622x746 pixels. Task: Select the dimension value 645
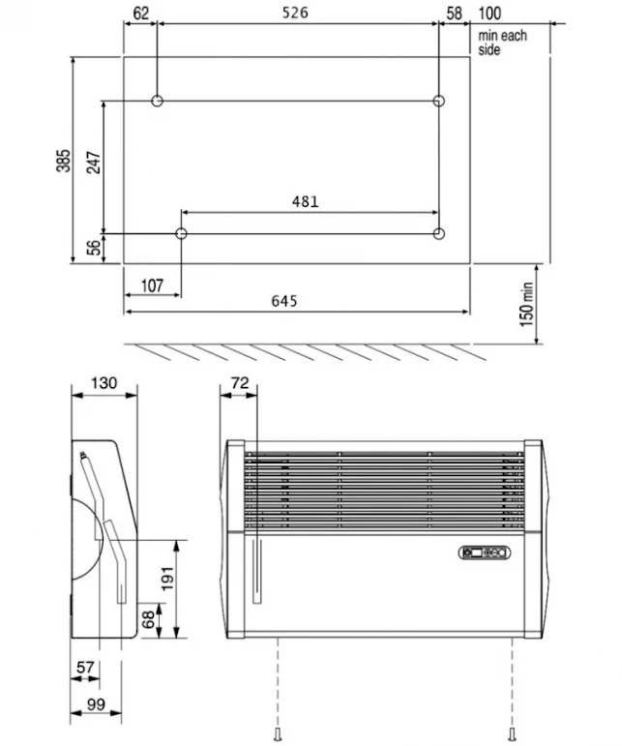(x=283, y=301)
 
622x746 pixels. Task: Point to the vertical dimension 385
(x=63, y=160)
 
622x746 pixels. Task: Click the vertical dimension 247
(x=93, y=161)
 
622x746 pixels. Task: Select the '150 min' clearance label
(x=528, y=304)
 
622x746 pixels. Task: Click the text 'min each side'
(x=502, y=43)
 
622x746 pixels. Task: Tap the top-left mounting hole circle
(x=157, y=101)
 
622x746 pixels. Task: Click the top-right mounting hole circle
(x=438, y=101)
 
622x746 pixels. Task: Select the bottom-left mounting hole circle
(x=181, y=233)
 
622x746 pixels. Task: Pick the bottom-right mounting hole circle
(x=438, y=233)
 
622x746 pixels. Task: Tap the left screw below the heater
(x=280, y=731)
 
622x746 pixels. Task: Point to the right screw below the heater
(x=512, y=731)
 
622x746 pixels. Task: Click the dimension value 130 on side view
(x=104, y=383)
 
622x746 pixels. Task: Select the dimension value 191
(x=167, y=578)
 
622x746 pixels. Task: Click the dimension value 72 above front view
(x=240, y=383)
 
